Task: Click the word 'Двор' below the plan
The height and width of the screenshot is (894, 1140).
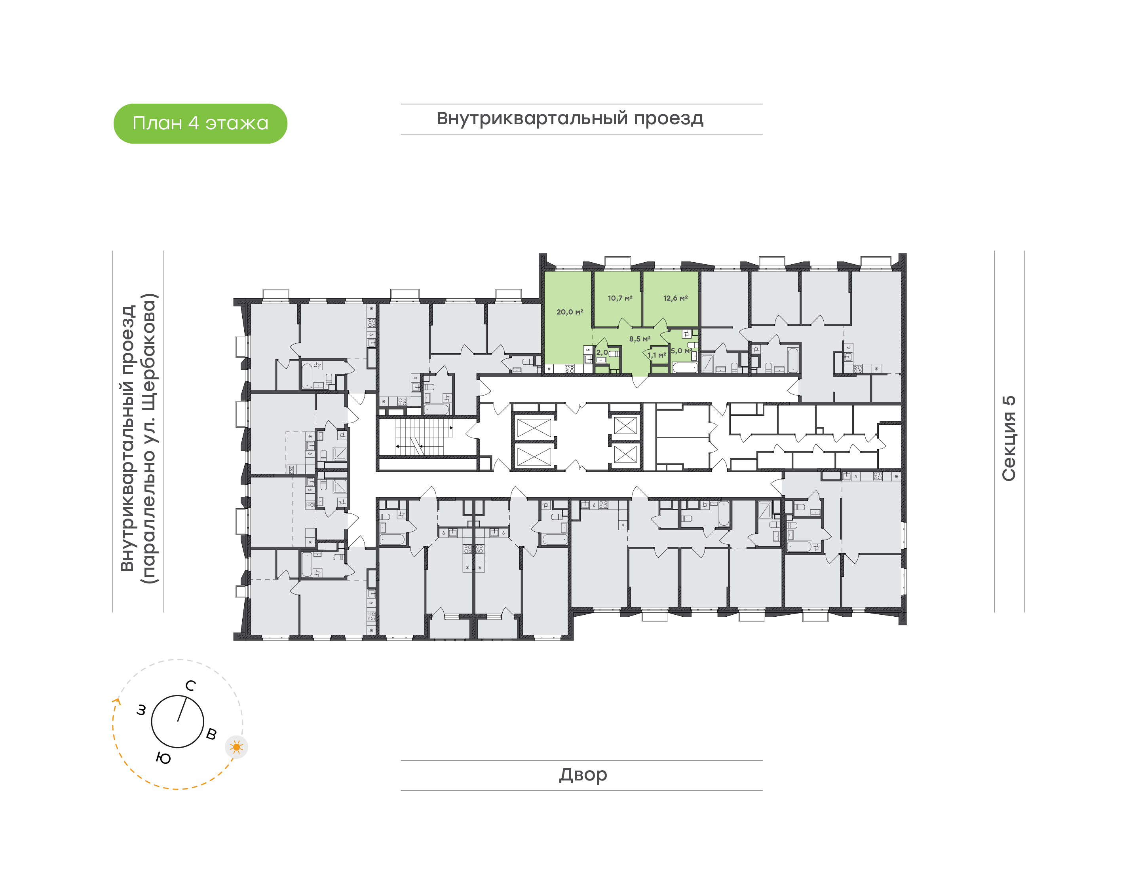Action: [x=583, y=775]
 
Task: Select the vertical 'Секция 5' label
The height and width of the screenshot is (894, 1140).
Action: [x=1009, y=438]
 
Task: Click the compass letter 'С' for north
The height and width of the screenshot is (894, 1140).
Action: [x=191, y=686]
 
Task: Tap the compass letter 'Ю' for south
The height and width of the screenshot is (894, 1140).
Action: [x=163, y=758]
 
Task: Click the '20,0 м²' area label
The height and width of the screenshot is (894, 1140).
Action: [x=570, y=312]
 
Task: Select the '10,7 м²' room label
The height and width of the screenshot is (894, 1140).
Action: [x=620, y=298]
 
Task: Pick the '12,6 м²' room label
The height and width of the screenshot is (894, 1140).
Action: [x=676, y=298]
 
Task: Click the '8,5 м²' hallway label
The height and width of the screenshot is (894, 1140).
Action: [x=640, y=339]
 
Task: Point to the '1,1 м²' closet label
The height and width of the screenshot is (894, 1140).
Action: [x=657, y=355]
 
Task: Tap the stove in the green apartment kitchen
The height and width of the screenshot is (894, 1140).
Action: [x=570, y=369]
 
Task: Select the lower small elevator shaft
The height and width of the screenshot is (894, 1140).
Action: [x=625, y=455]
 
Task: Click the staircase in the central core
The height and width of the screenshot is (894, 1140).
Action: [x=424, y=437]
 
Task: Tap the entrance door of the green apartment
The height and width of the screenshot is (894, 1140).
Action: [x=639, y=381]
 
